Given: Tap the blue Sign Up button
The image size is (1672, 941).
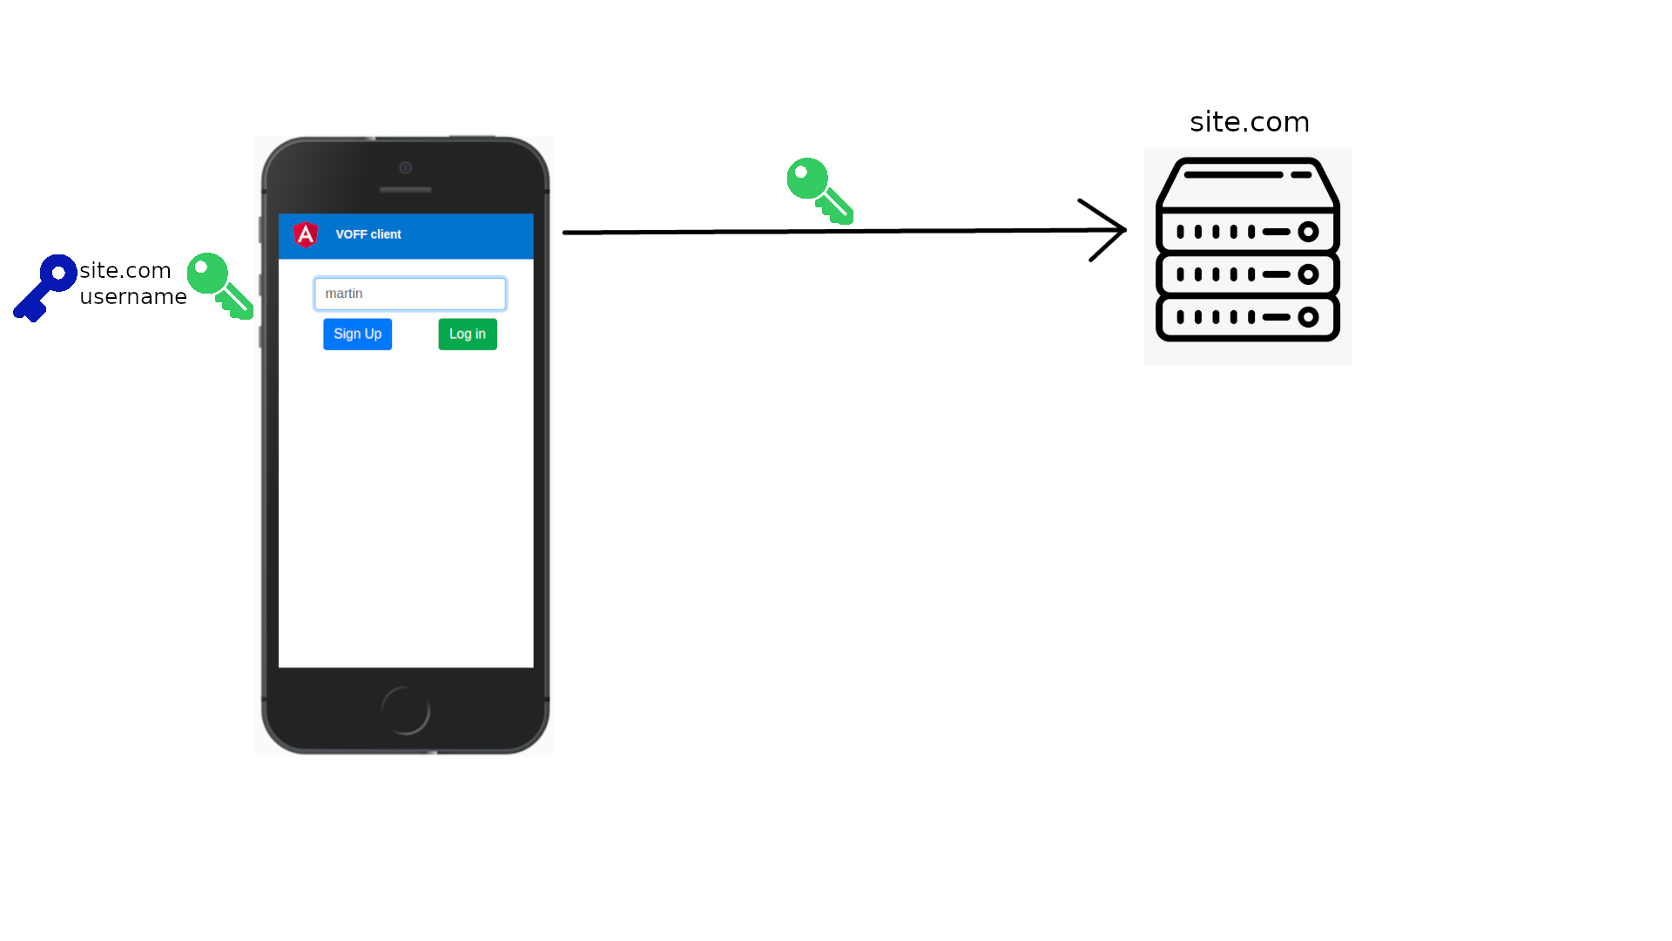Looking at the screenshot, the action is pos(357,334).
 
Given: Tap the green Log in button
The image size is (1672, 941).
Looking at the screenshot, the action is pos(468,334).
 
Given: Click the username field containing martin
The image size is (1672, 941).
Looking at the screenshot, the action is pos(409,294).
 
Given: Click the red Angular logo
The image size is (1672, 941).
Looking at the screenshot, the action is pos(306,234).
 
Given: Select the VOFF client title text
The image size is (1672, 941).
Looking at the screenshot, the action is pos(368,234).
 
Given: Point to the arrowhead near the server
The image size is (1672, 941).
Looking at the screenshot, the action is pos(1109,230).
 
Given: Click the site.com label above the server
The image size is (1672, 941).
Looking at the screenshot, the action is pos(1250,122).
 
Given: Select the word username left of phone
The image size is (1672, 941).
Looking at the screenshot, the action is pos(133,297).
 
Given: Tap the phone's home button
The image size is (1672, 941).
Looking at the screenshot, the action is pos(406,710).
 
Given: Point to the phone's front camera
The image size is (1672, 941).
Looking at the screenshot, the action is pos(406,167).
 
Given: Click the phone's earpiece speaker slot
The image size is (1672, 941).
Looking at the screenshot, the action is pos(406,190).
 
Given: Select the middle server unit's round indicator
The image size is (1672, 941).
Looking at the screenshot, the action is pos(1308,274).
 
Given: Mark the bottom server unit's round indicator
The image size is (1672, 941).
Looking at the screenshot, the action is pos(1308,317).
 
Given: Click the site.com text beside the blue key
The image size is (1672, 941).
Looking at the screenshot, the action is pos(125,271).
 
